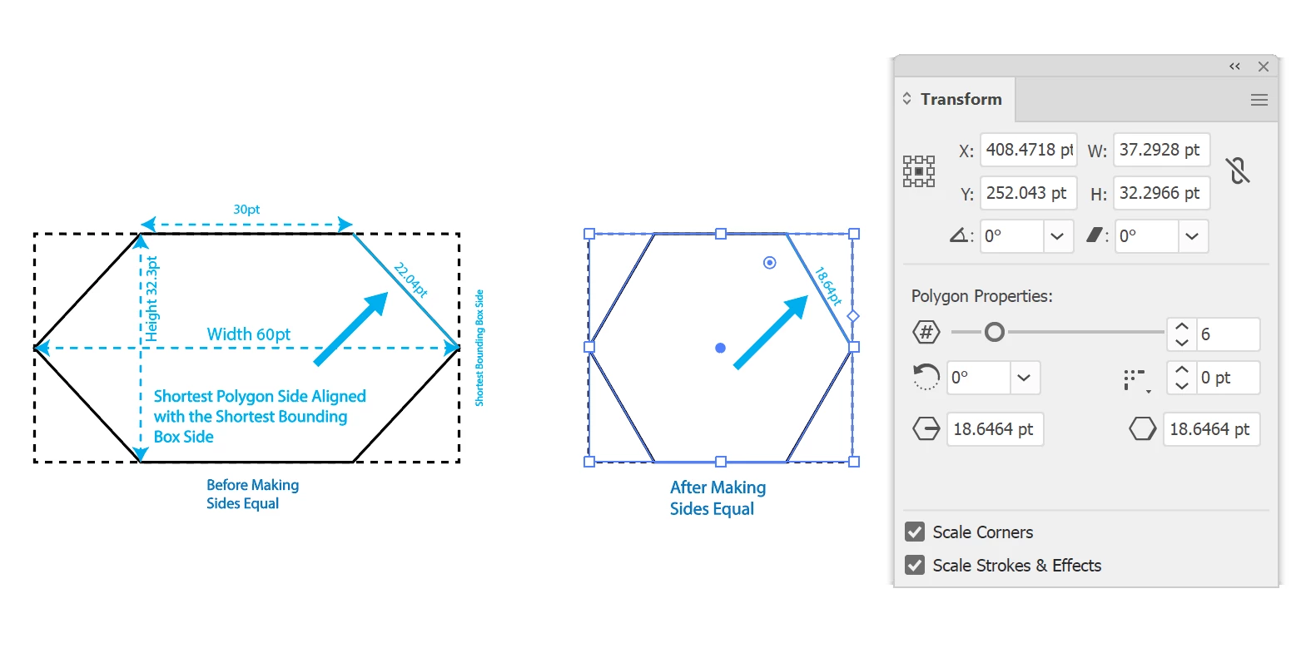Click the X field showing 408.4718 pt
coord(1029,151)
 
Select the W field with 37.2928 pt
coord(1161,151)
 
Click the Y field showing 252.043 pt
coord(1029,193)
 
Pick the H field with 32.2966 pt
coord(1161,193)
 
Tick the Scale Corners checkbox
coord(915,532)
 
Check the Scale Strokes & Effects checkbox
coord(915,565)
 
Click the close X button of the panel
coord(1264,67)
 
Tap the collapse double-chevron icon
coord(1235,67)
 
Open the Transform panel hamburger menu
coord(1259,100)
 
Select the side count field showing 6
coord(1228,334)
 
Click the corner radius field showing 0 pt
coord(1228,378)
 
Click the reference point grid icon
coord(919,171)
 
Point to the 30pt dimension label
coord(246,209)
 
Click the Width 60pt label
coord(249,334)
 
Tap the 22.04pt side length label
coord(410,280)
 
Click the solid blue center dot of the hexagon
coord(721,348)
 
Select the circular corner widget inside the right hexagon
coord(770,263)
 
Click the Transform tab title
coord(961,100)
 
